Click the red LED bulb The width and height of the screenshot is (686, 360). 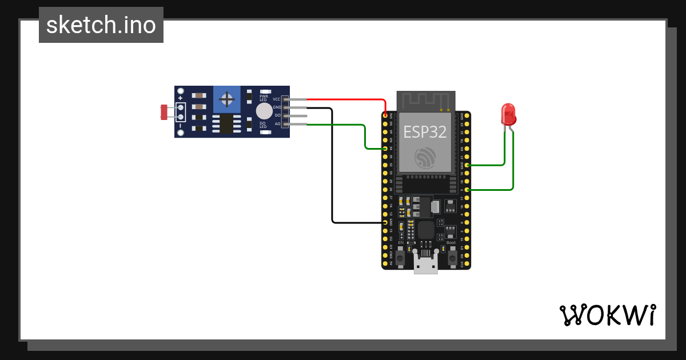click(508, 114)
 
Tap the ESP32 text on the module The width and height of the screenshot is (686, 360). click(426, 131)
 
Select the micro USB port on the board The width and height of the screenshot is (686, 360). click(426, 266)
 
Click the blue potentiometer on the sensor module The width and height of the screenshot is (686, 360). click(228, 99)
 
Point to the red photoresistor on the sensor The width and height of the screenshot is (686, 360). click(164, 112)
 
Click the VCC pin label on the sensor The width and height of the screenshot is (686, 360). click(276, 99)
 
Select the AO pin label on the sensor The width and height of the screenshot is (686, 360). click(277, 123)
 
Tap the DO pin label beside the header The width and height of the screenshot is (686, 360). click(277, 115)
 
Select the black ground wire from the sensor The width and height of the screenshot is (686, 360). click(332, 171)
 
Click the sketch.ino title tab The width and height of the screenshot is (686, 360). click(101, 25)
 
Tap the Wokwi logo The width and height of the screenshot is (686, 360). click(607, 315)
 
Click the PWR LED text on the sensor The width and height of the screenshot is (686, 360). click(264, 98)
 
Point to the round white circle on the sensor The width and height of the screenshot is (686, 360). click(264, 111)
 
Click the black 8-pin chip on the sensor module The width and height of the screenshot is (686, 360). click(226, 123)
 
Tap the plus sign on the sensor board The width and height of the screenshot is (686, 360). click(180, 98)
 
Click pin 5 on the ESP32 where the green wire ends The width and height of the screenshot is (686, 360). click(468, 189)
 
